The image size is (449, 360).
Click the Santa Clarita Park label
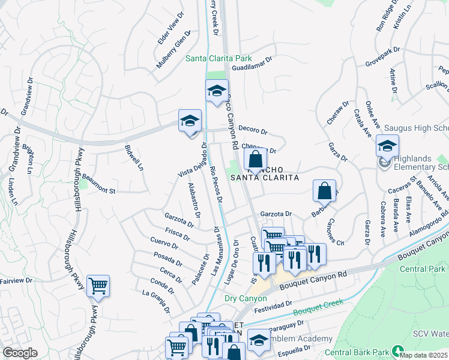(218, 58)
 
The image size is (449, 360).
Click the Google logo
(20, 353)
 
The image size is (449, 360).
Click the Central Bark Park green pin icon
(397, 351)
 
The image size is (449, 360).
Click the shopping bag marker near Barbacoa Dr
(324, 191)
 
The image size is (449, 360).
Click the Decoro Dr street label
(252, 130)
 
